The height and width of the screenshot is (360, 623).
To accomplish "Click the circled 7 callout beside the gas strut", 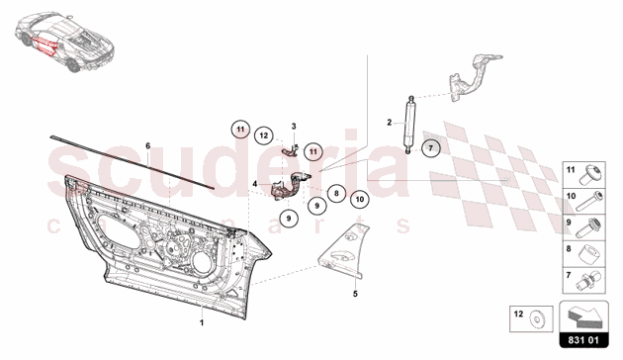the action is (x=430, y=148).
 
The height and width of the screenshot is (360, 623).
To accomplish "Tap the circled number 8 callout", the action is (x=336, y=194).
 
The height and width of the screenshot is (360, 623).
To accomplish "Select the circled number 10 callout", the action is (x=360, y=199).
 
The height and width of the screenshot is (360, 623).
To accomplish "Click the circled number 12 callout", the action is (x=264, y=135).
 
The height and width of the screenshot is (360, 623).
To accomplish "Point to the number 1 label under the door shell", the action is (x=202, y=323).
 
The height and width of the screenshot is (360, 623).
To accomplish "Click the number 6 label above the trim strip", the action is (x=147, y=146).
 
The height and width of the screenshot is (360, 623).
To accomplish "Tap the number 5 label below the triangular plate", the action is (x=355, y=294).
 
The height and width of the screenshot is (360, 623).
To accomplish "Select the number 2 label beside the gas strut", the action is (x=390, y=123).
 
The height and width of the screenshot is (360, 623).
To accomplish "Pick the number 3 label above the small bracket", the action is (x=294, y=127).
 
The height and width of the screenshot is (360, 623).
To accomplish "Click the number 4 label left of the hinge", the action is (x=255, y=184).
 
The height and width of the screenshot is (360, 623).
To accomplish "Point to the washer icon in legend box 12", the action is (x=537, y=319).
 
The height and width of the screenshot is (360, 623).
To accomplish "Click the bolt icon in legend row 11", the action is (x=590, y=175).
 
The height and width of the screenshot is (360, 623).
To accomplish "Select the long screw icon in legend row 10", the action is (x=588, y=202).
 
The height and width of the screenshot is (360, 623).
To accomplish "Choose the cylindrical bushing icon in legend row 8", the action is (x=589, y=255).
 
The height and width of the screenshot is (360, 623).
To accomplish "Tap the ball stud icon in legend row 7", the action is (x=589, y=281).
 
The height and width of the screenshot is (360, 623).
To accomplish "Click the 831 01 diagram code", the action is (x=583, y=340).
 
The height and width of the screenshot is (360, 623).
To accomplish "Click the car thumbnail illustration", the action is (x=64, y=43).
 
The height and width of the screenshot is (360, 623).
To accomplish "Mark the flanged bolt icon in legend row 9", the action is (x=588, y=228).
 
